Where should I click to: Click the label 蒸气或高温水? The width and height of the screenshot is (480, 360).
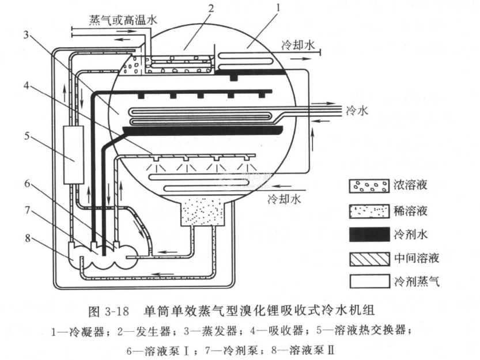click(x=123, y=19)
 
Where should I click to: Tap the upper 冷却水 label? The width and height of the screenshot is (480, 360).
click(x=298, y=45)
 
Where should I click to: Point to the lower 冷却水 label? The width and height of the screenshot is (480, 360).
click(x=285, y=200)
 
